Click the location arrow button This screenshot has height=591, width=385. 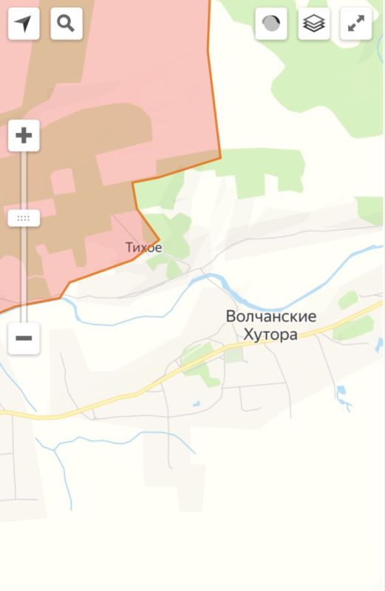(x=24, y=24)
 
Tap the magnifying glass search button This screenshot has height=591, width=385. (x=67, y=24)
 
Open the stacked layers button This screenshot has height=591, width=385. (x=314, y=24)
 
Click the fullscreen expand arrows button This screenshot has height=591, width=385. (x=356, y=24)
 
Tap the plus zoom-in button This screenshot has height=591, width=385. (x=24, y=136)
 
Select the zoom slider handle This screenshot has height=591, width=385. (x=24, y=219)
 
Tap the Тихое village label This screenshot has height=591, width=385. (x=143, y=247)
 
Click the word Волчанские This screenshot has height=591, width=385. (x=271, y=317)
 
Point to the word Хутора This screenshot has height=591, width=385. (x=270, y=335)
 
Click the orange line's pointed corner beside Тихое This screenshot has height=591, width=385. (x=159, y=238)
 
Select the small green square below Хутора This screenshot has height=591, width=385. (x=234, y=355)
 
